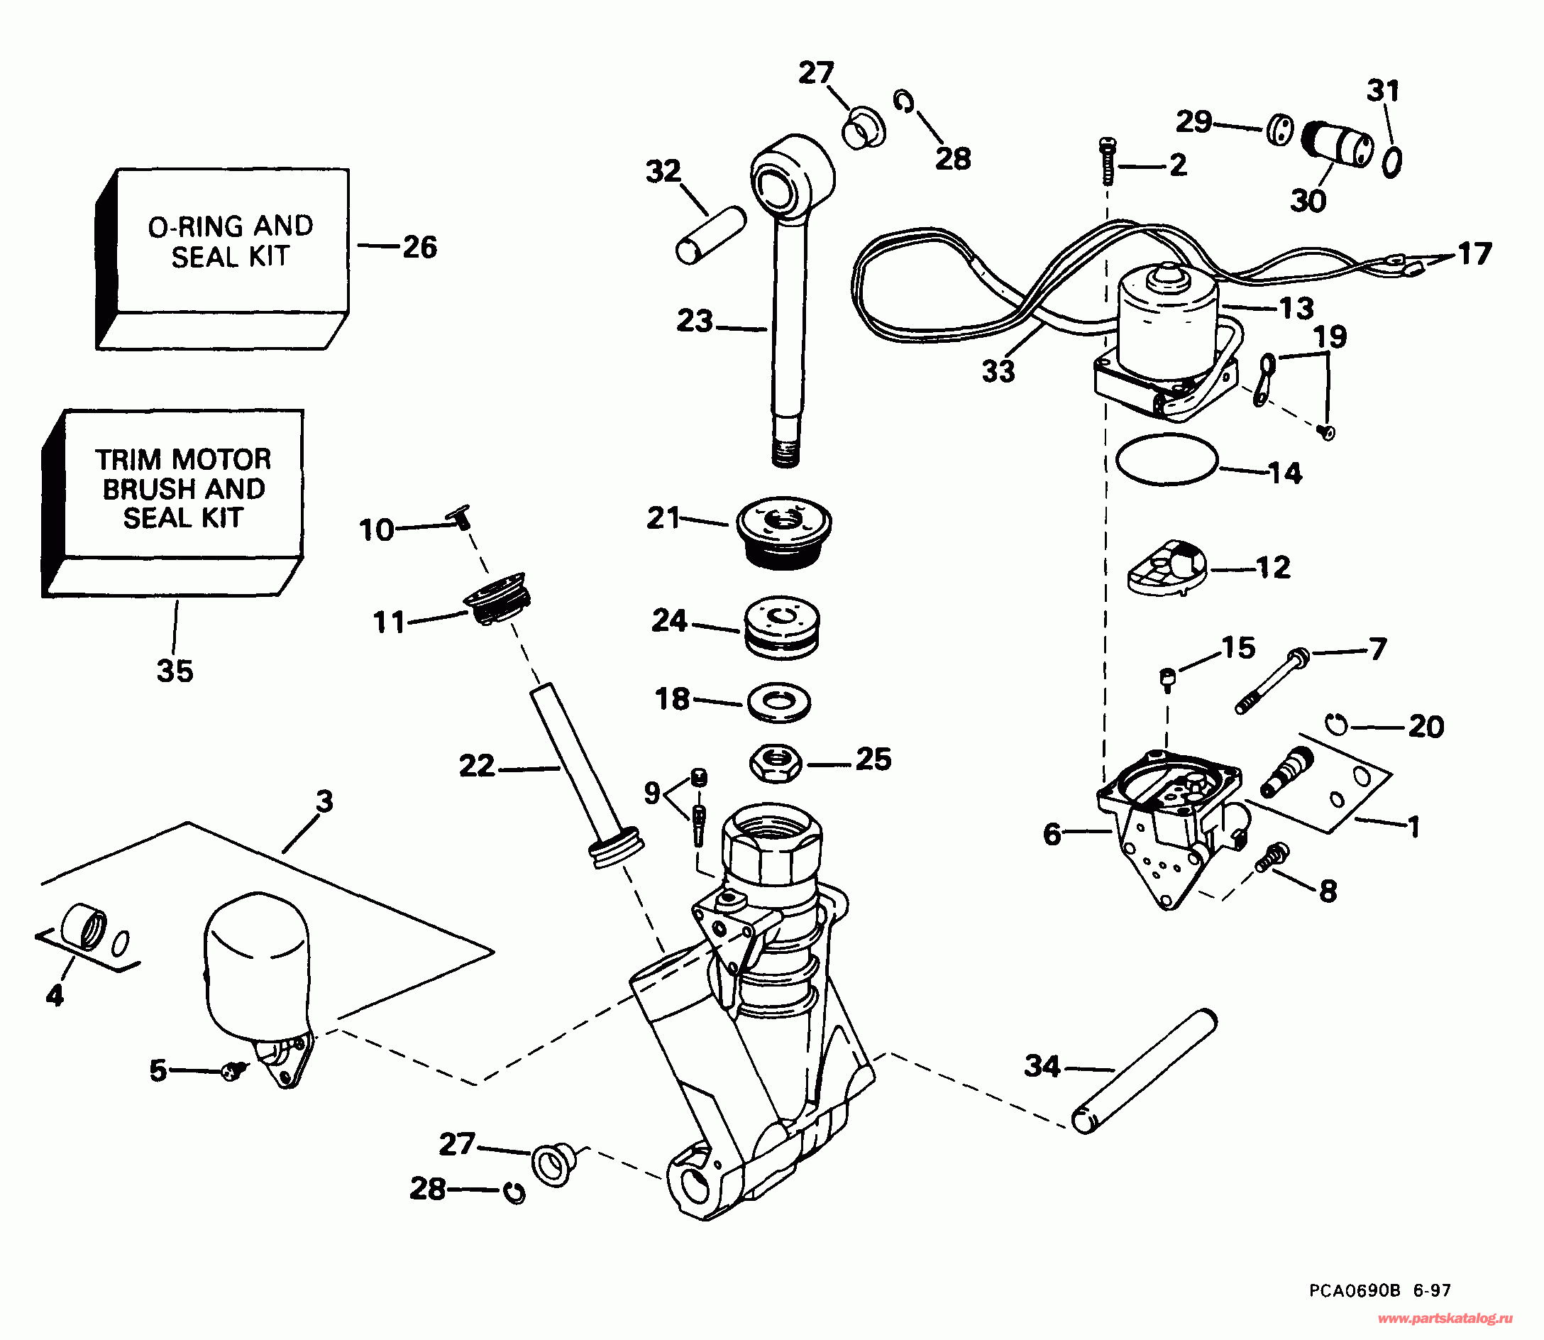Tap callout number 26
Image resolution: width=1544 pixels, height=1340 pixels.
tap(419, 248)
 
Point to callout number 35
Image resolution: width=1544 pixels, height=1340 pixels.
tap(175, 671)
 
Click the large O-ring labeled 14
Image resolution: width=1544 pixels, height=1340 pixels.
tap(1167, 459)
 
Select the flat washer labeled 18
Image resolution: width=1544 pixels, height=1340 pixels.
tap(779, 702)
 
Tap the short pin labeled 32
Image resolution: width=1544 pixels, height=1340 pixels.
tap(711, 235)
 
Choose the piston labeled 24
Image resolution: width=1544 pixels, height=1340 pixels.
tap(782, 627)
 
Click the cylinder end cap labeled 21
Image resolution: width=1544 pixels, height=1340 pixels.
tap(783, 532)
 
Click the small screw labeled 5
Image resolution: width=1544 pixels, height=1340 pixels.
tap(233, 1072)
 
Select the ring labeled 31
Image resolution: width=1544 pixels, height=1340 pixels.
tap(1391, 162)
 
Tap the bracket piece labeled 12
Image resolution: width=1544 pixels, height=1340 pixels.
tap(1167, 569)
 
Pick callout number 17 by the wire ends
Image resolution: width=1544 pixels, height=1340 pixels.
tap(1474, 254)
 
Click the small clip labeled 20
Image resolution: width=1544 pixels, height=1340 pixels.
tap(1338, 724)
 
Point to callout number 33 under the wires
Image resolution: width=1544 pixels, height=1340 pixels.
tap(998, 371)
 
